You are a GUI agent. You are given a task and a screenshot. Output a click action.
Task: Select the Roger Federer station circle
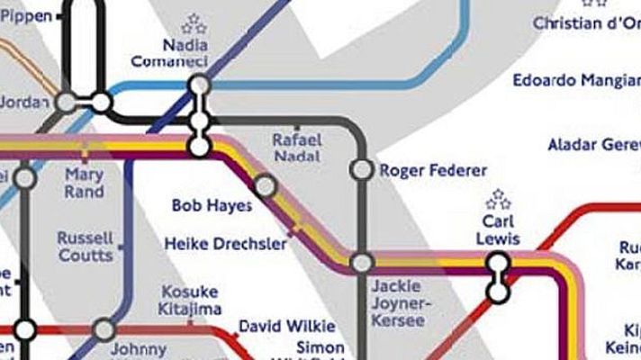361,169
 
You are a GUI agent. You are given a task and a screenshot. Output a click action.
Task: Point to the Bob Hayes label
212,206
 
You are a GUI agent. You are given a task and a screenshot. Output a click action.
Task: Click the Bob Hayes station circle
265,186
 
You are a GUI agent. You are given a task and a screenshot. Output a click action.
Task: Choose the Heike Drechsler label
226,244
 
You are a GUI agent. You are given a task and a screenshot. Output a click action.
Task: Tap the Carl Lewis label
497,229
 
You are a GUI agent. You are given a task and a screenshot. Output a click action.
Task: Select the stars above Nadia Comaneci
194,23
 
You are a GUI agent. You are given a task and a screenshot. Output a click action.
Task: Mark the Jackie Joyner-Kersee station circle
362,264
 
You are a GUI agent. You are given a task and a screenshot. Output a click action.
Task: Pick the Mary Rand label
84,184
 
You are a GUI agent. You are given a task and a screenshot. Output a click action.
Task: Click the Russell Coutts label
85,247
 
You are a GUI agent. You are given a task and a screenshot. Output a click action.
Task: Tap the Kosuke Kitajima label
191,301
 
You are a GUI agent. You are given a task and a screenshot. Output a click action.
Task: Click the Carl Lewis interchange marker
496,277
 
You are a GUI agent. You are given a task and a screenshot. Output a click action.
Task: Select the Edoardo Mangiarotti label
576,81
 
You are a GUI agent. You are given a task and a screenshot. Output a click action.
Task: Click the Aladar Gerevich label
594,145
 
